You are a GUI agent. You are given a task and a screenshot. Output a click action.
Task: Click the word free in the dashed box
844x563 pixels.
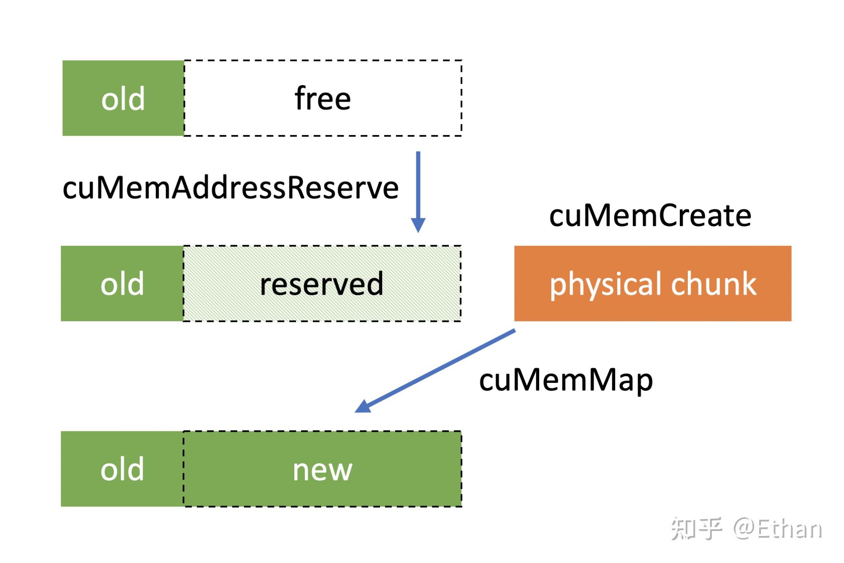click(x=323, y=98)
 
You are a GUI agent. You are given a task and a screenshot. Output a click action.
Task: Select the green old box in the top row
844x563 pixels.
click(x=123, y=98)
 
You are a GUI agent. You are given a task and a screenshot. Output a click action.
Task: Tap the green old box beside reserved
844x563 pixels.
click(x=122, y=283)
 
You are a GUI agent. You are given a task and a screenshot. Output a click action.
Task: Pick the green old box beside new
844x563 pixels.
click(x=122, y=469)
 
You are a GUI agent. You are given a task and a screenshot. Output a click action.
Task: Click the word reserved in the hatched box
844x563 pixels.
click(x=322, y=284)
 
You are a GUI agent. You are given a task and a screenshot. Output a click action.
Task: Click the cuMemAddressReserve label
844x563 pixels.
click(x=231, y=188)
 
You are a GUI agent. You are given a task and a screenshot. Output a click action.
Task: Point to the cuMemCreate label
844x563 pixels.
click(x=650, y=216)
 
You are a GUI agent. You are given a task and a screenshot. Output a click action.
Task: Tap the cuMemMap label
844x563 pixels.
click(x=566, y=380)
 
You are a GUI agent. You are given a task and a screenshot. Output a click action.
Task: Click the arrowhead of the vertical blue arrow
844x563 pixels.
click(x=418, y=225)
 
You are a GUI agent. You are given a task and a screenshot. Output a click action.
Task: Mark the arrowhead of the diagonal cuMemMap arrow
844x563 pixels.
click(x=363, y=407)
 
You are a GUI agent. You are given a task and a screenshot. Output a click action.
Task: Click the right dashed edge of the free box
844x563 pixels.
click(x=461, y=98)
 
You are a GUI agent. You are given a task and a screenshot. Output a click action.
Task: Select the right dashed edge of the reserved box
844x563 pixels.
click(x=460, y=283)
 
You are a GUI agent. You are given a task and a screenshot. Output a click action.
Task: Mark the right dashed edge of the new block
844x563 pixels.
click(x=461, y=469)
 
